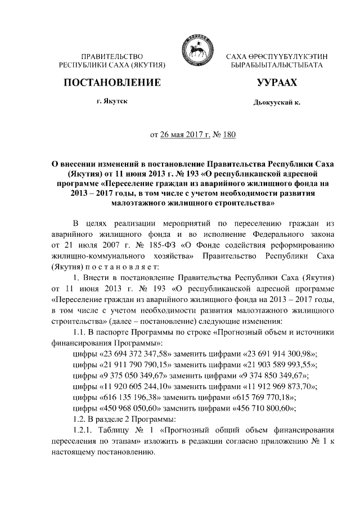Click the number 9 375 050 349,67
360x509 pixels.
pos(138,376)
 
